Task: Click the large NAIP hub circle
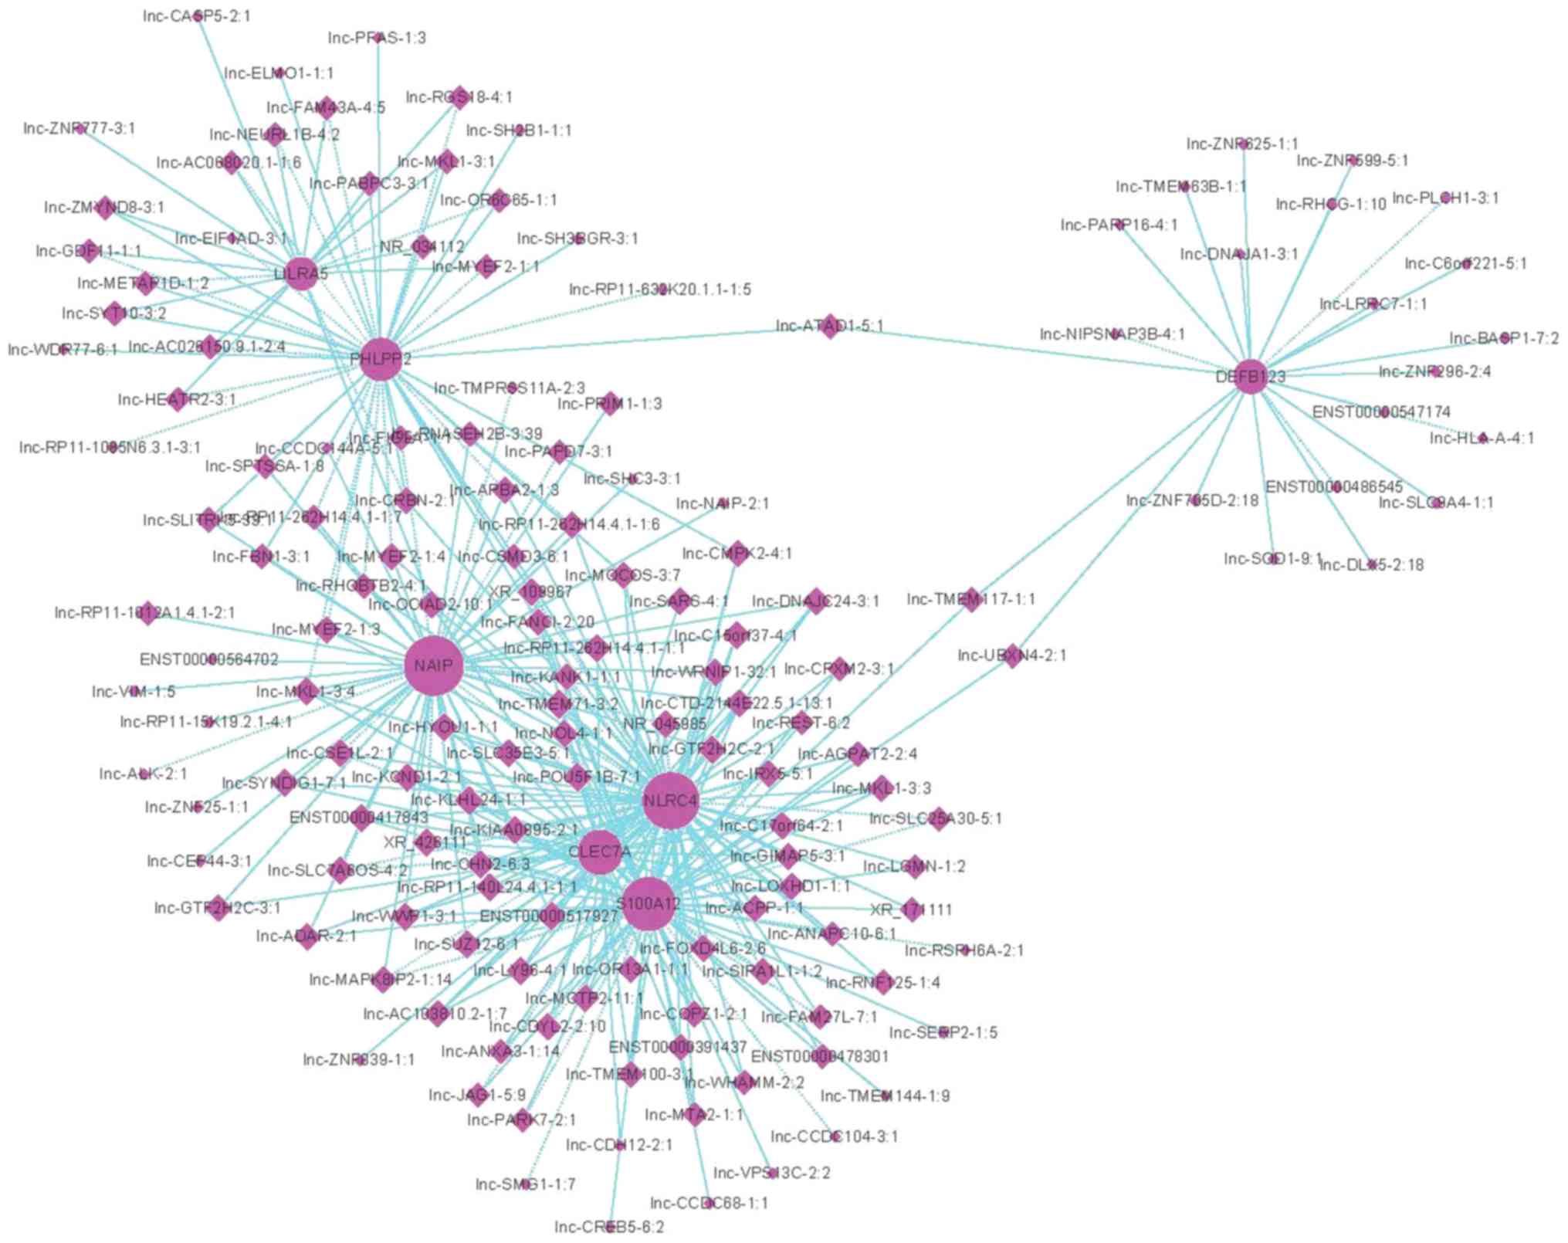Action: [433, 666]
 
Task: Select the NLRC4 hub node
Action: [670, 801]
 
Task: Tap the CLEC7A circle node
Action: [600, 852]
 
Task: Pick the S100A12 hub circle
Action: [649, 903]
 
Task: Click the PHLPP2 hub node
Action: [381, 359]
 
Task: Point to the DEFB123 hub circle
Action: [1251, 377]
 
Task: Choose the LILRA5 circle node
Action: [301, 273]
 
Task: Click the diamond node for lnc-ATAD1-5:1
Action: [830, 326]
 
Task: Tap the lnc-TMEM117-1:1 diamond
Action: [971, 598]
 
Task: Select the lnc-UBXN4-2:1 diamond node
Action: [1012, 655]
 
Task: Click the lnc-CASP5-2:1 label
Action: [196, 15]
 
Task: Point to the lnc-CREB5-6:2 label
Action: [609, 1227]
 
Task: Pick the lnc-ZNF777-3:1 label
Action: [79, 128]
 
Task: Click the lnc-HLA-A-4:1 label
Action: [1482, 439]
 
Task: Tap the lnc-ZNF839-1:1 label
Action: [358, 1059]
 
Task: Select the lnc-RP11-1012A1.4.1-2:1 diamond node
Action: [147, 613]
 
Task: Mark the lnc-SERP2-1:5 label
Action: [943, 1032]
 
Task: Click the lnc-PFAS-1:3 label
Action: [376, 37]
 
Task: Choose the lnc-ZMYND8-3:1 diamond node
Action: [106, 207]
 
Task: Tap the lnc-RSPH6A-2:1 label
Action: [963, 950]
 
